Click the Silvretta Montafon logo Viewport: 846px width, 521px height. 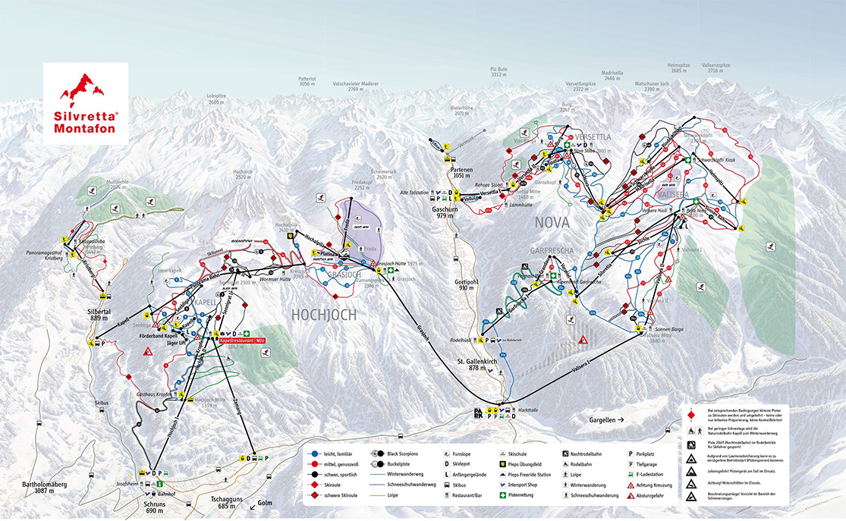click(85, 103)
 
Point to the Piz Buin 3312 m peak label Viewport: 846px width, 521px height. click(498, 72)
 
